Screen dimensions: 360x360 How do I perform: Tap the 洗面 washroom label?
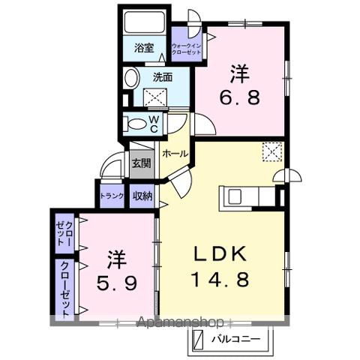pos(163,76)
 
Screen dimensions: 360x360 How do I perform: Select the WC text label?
pos(153,123)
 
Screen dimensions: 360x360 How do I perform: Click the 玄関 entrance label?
pos(141,163)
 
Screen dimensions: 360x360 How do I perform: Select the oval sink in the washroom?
pos(131,78)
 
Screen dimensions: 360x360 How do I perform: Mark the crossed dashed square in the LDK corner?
pos(271,151)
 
